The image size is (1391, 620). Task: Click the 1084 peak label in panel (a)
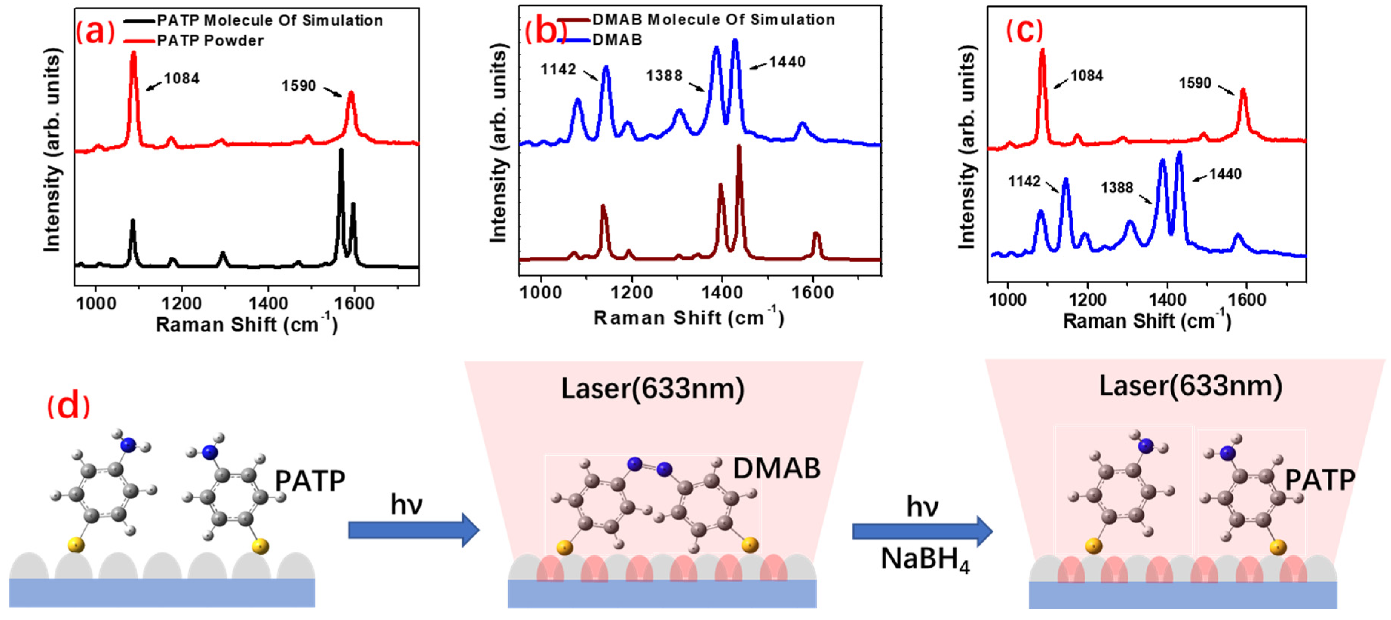tap(181, 79)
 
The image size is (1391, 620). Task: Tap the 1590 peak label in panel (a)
tap(299, 86)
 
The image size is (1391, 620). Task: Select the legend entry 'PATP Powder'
tap(210, 41)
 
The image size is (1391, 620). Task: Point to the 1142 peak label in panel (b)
tap(558, 69)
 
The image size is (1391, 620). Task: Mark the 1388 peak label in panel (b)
tap(664, 75)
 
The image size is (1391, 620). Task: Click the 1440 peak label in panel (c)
tap(1225, 174)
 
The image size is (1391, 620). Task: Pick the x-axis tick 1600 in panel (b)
tap(812, 293)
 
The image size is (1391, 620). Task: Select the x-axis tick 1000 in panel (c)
tap(1008, 299)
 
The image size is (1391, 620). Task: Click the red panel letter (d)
tap(69, 406)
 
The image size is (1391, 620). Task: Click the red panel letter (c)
tap(1024, 31)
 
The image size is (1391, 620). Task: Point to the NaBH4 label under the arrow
tap(924, 559)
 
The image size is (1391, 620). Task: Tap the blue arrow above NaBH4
tap(922, 531)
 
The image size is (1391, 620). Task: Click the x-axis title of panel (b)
tap(688, 318)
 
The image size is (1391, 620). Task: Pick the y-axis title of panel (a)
tap(52, 150)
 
